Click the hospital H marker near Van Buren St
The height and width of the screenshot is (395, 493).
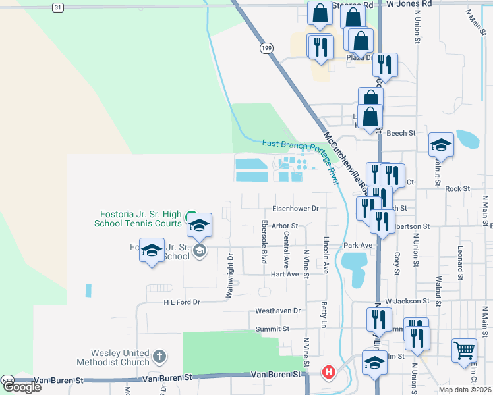tap(328, 373)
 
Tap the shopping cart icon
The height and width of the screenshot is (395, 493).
tap(464, 350)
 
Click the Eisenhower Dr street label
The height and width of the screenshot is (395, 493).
tap(297, 208)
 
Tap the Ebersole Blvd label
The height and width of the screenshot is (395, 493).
tap(264, 238)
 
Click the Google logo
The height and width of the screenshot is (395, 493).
tap(22, 387)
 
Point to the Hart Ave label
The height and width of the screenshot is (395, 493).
tap(285, 274)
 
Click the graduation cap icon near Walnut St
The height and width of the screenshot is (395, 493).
tap(441, 144)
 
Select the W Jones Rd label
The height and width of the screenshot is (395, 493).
tap(409, 4)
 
